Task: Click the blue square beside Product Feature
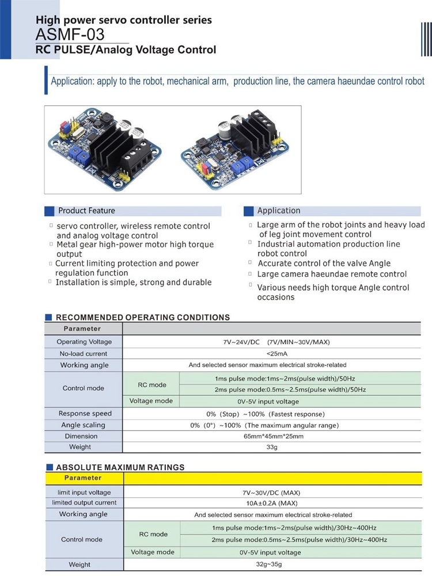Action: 50,211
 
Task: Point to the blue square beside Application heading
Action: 249,211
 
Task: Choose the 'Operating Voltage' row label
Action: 84,342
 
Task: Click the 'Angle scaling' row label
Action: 84,425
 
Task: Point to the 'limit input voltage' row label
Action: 84,493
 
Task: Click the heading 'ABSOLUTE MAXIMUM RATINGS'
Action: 120,467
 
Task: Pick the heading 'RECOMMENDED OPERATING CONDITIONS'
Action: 142,317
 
